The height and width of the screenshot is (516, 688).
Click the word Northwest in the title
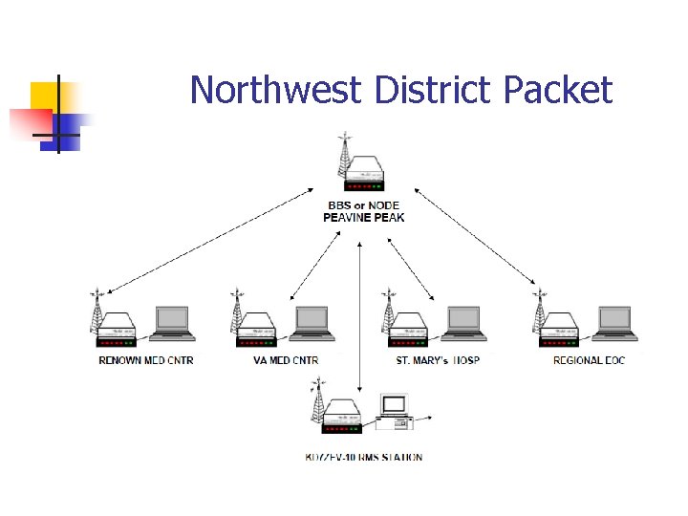[276, 90]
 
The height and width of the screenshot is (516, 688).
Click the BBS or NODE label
[364, 205]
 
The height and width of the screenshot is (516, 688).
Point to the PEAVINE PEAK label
[364, 218]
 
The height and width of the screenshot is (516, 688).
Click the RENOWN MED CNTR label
[145, 360]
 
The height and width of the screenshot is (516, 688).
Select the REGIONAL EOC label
[591, 360]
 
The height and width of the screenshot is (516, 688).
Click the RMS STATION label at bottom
[363, 457]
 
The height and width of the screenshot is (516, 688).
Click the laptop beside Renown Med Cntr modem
[173, 323]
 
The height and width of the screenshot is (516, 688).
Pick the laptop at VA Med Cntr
[312, 323]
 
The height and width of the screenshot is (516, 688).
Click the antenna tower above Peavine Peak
[342, 157]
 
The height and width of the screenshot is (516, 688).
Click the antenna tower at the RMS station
[317, 401]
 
